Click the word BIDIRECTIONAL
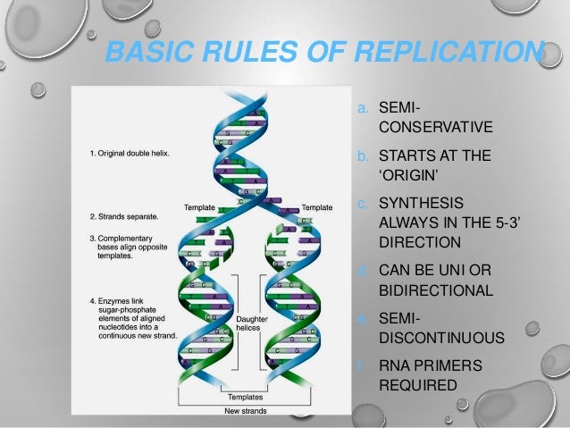(436, 290)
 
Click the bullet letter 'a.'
(363, 108)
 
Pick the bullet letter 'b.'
(363, 156)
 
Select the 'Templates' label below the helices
(245, 395)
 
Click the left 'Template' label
(199, 207)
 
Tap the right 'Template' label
(316, 207)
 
